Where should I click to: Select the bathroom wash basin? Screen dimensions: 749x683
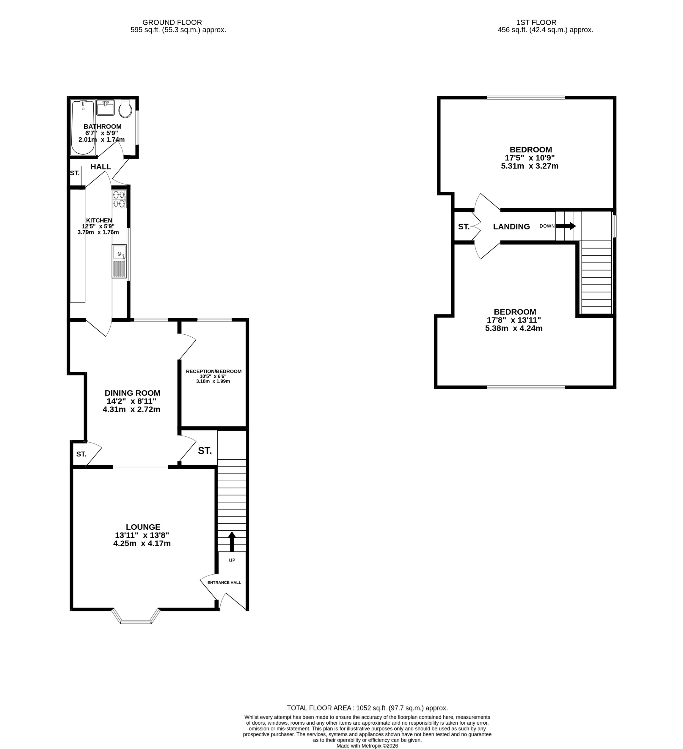click(x=105, y=108)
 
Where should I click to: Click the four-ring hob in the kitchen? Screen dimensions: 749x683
click(x=119, y=199)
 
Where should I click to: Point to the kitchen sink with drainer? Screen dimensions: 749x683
click(x=119, y=261)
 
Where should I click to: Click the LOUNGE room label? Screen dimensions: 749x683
click(x=143, y=527)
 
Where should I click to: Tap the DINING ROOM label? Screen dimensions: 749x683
click(x=132, y=393)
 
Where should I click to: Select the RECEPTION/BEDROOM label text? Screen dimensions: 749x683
click(x=214, y=371)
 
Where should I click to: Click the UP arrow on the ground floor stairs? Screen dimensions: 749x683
click(x=232, y=541)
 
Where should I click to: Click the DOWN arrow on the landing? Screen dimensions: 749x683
click(x=565, y=226)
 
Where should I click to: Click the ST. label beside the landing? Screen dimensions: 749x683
click(x=463, y=226)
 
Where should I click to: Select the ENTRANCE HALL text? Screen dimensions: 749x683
click(x=224, y=582)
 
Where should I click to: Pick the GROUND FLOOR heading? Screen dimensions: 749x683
click(x=172, y=22)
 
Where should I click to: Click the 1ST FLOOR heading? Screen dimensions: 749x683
click(x=536, y=22)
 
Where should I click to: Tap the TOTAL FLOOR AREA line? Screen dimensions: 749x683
click(x=367, y=708)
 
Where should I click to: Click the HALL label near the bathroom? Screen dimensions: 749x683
click(x=101, y=167)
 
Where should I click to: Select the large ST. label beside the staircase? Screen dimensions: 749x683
click(x=205, y=451)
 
